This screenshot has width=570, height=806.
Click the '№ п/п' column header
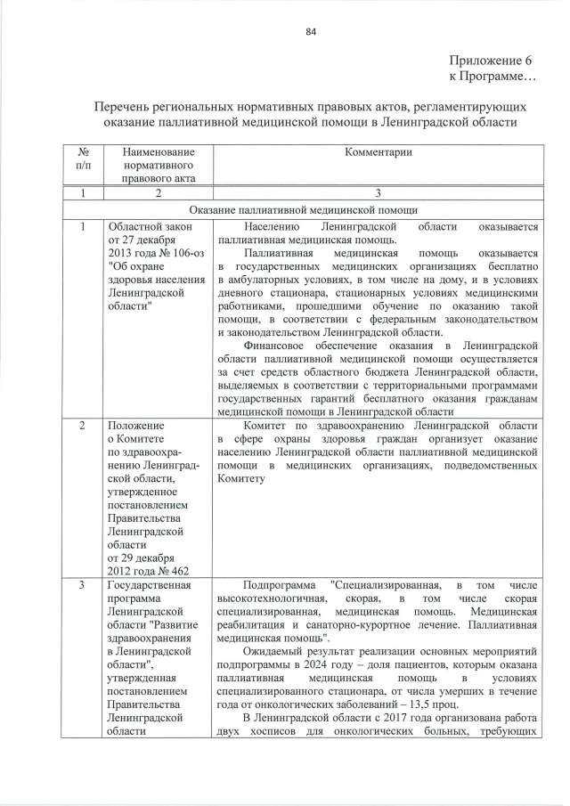(x=81, y=159)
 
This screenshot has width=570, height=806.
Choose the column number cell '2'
(x=155, y=193)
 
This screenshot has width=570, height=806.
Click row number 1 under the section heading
(x=81, y=228)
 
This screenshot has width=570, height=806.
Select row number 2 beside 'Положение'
(x=81, y=427)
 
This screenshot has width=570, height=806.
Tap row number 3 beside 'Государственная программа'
(x=81, y=585)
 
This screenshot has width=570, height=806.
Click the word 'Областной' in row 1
(x=135, y=227)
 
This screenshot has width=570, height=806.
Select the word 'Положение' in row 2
(x=135, y=427)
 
